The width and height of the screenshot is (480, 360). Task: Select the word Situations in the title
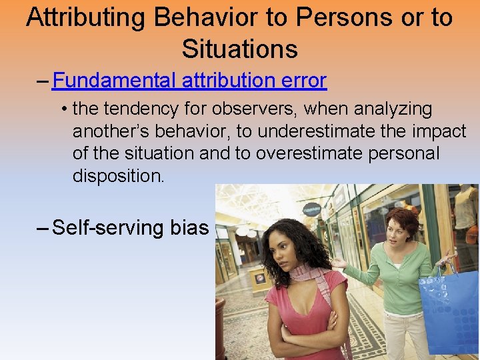pyautogui.click(x=239, y=49)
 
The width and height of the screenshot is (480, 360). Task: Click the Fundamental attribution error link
pyautogui.click(x=189, y=81)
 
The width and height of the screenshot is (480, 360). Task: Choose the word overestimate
pyautogui.click(x=301, y=153)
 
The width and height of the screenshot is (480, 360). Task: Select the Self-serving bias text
pyautogui.click(x=130, y=227)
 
